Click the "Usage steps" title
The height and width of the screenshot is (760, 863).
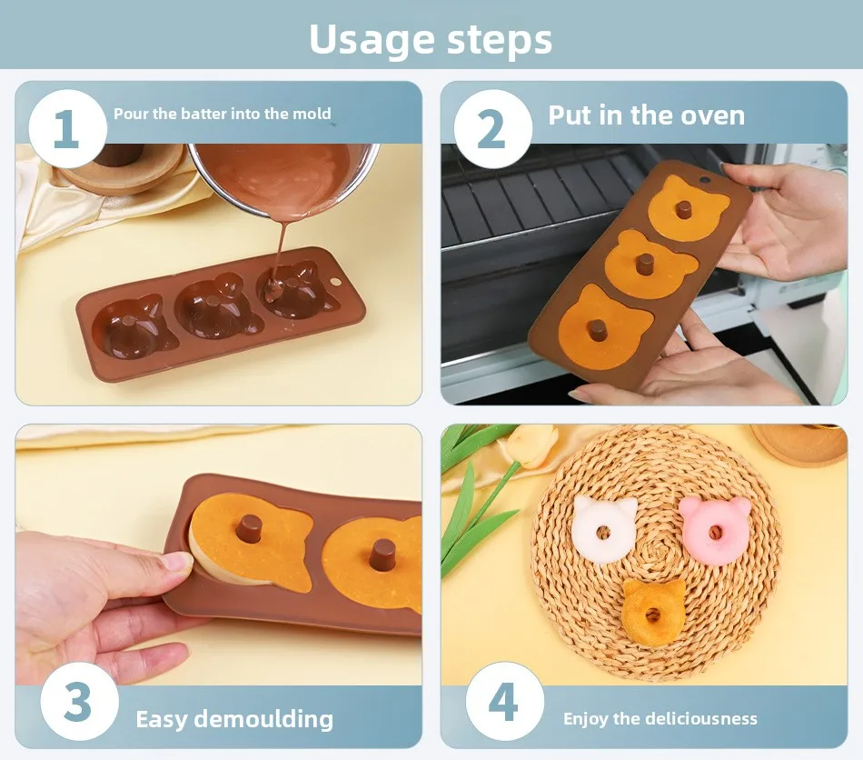[x=431, y=39]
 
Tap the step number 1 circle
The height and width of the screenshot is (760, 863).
[x=67, y=129]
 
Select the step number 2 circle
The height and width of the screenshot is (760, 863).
[x=491, y=129]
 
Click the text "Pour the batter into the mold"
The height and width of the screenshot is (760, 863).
[x=222, y=115]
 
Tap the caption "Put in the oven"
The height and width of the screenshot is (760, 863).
[x=646, y=115]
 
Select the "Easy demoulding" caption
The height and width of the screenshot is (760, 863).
[x=234, y=720]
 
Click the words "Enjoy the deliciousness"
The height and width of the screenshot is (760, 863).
[x=660, y=719]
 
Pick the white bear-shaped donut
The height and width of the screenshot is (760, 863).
[x=604, y=528]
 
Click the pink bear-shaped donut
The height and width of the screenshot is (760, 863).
[x=715, y=529]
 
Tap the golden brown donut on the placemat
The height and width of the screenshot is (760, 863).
[x=654, y=610]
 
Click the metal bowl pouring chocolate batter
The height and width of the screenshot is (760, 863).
[x=282, y=177]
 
